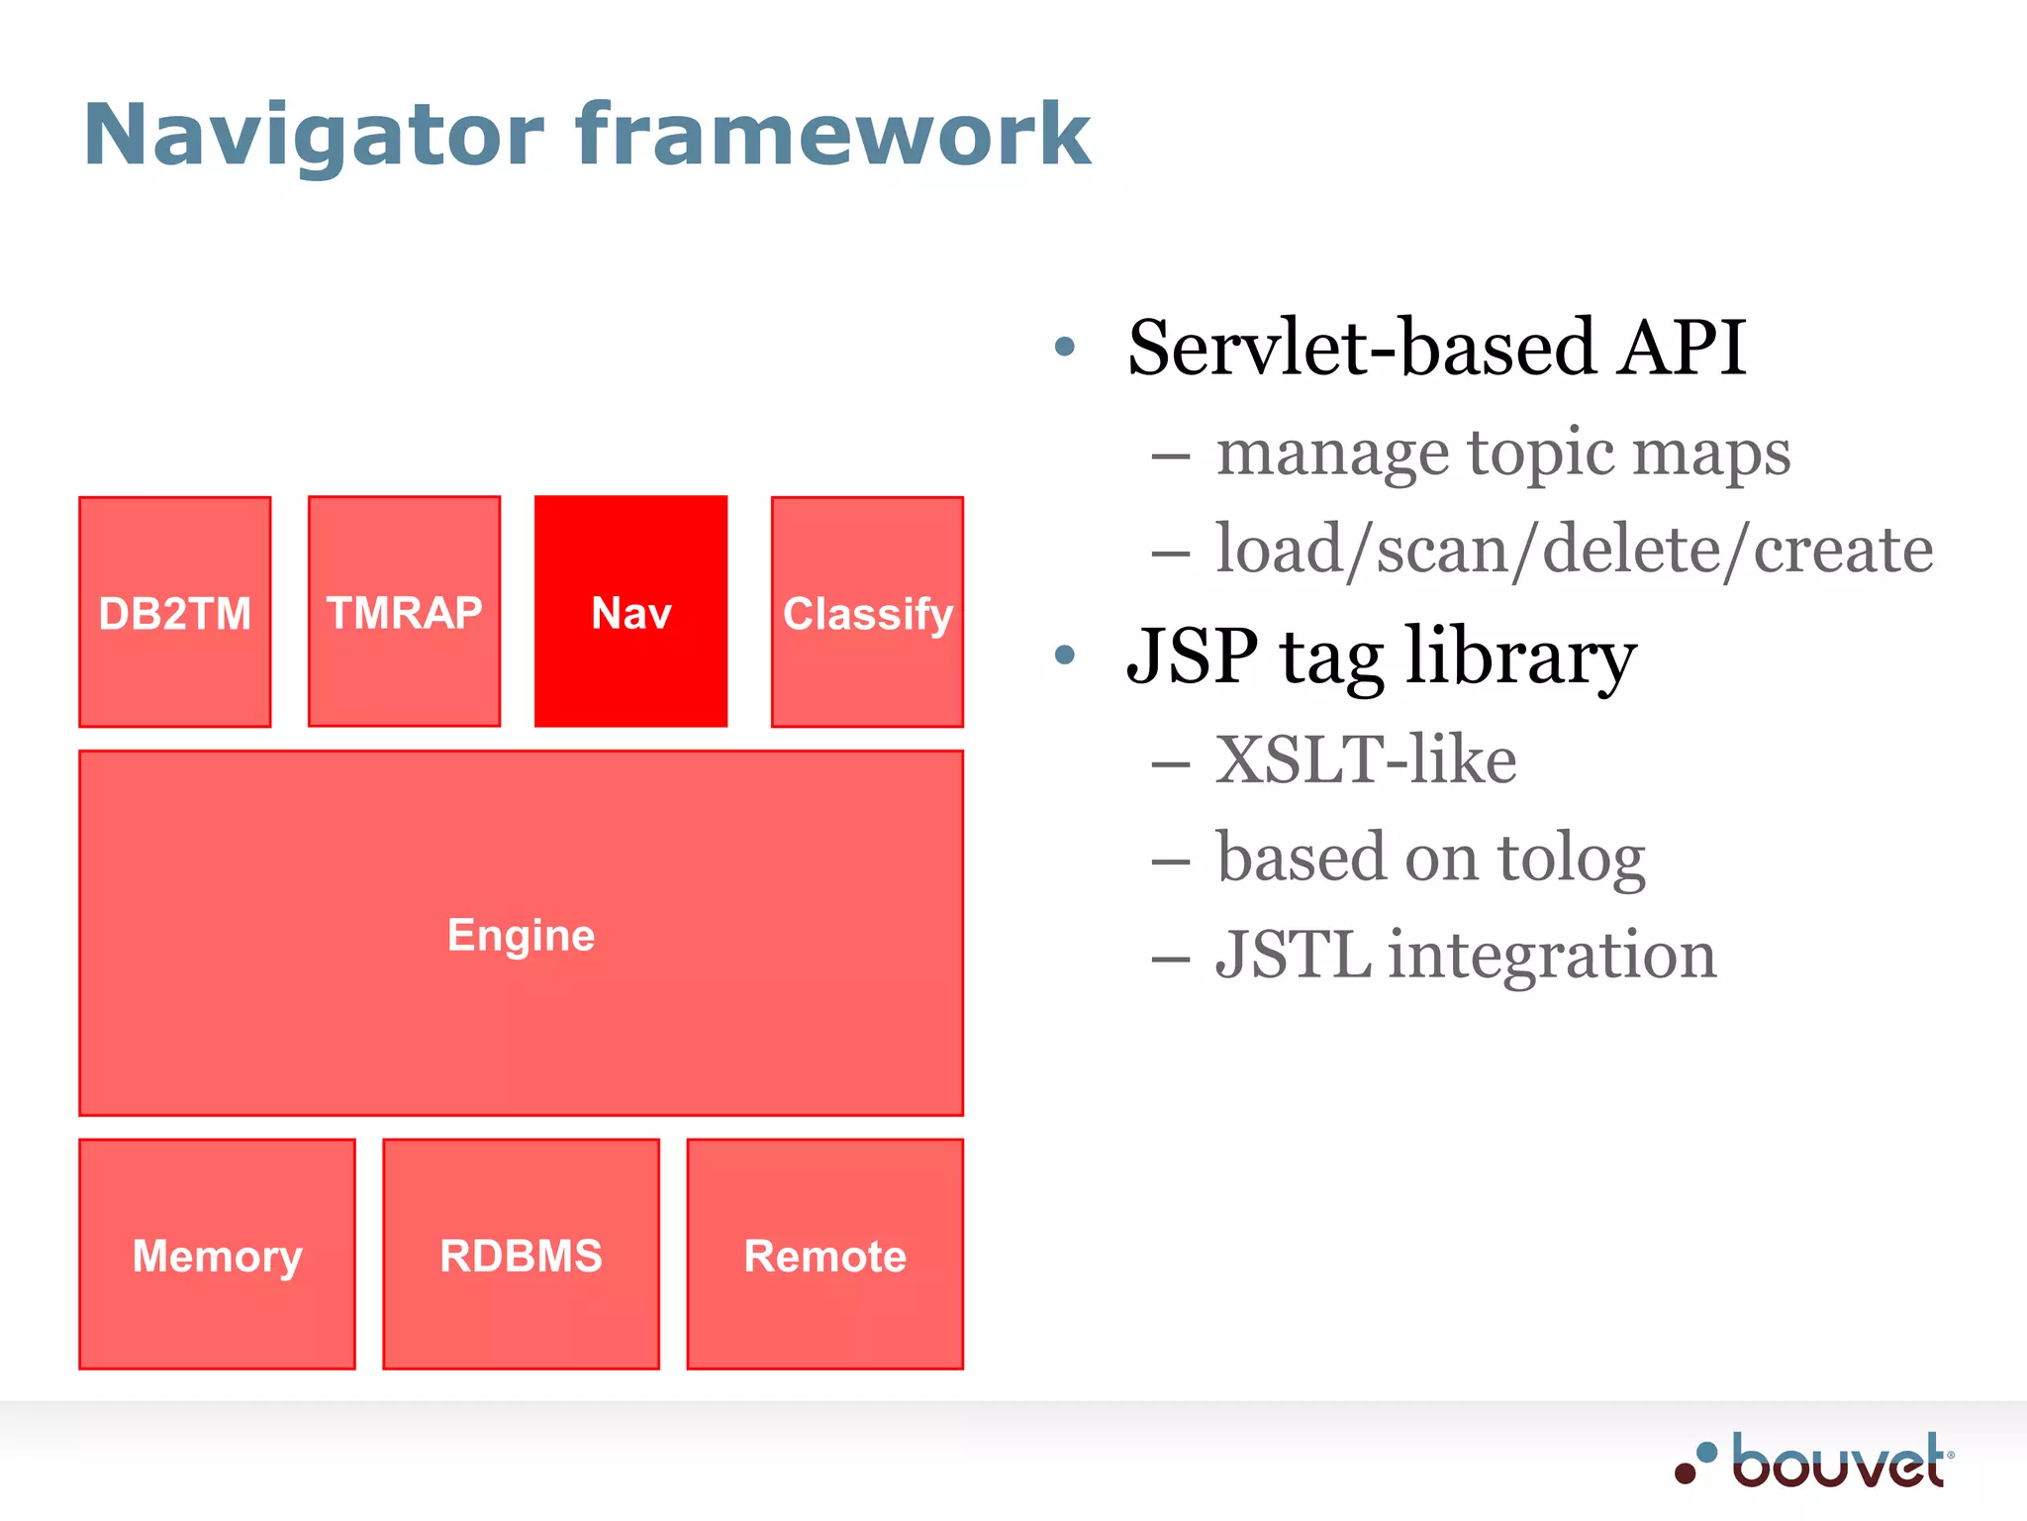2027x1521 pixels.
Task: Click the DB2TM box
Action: click(175, 613)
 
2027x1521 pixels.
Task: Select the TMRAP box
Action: click(404, 612)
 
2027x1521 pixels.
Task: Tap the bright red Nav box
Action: click(631, 612)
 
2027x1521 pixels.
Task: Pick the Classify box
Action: click(867, 613)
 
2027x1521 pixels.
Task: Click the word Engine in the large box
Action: click(521, 935)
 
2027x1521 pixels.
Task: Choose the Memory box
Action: click(217, 1255)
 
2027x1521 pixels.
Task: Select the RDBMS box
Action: click(521, 1255)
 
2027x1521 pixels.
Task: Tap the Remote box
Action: click(824, 1255)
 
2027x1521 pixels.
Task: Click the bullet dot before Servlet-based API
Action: click(1065, 347)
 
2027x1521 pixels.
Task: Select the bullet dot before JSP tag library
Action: click(1065, 655)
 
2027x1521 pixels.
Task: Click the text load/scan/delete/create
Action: click(1574, 550)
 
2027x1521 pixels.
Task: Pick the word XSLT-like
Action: click(1366, 760)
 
